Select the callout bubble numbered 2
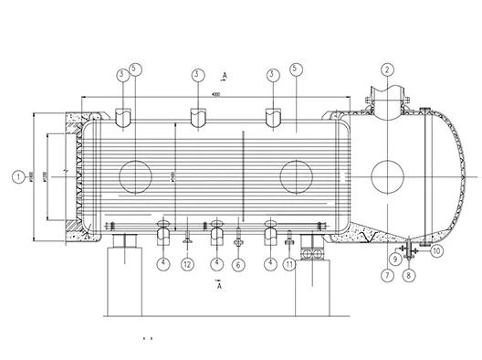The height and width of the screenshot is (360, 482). (387, 69)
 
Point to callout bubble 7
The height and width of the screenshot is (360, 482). (387, 272)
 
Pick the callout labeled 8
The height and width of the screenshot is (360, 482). (409, 272)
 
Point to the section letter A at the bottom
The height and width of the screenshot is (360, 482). (219, 286)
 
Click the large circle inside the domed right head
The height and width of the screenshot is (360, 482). (386, 174)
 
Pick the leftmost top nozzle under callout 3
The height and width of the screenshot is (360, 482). (123, 116)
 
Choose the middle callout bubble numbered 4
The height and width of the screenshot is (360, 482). (216, 264)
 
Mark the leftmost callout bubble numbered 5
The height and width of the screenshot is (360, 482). (135, 69)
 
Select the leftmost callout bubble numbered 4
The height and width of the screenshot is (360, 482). (163, 264)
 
